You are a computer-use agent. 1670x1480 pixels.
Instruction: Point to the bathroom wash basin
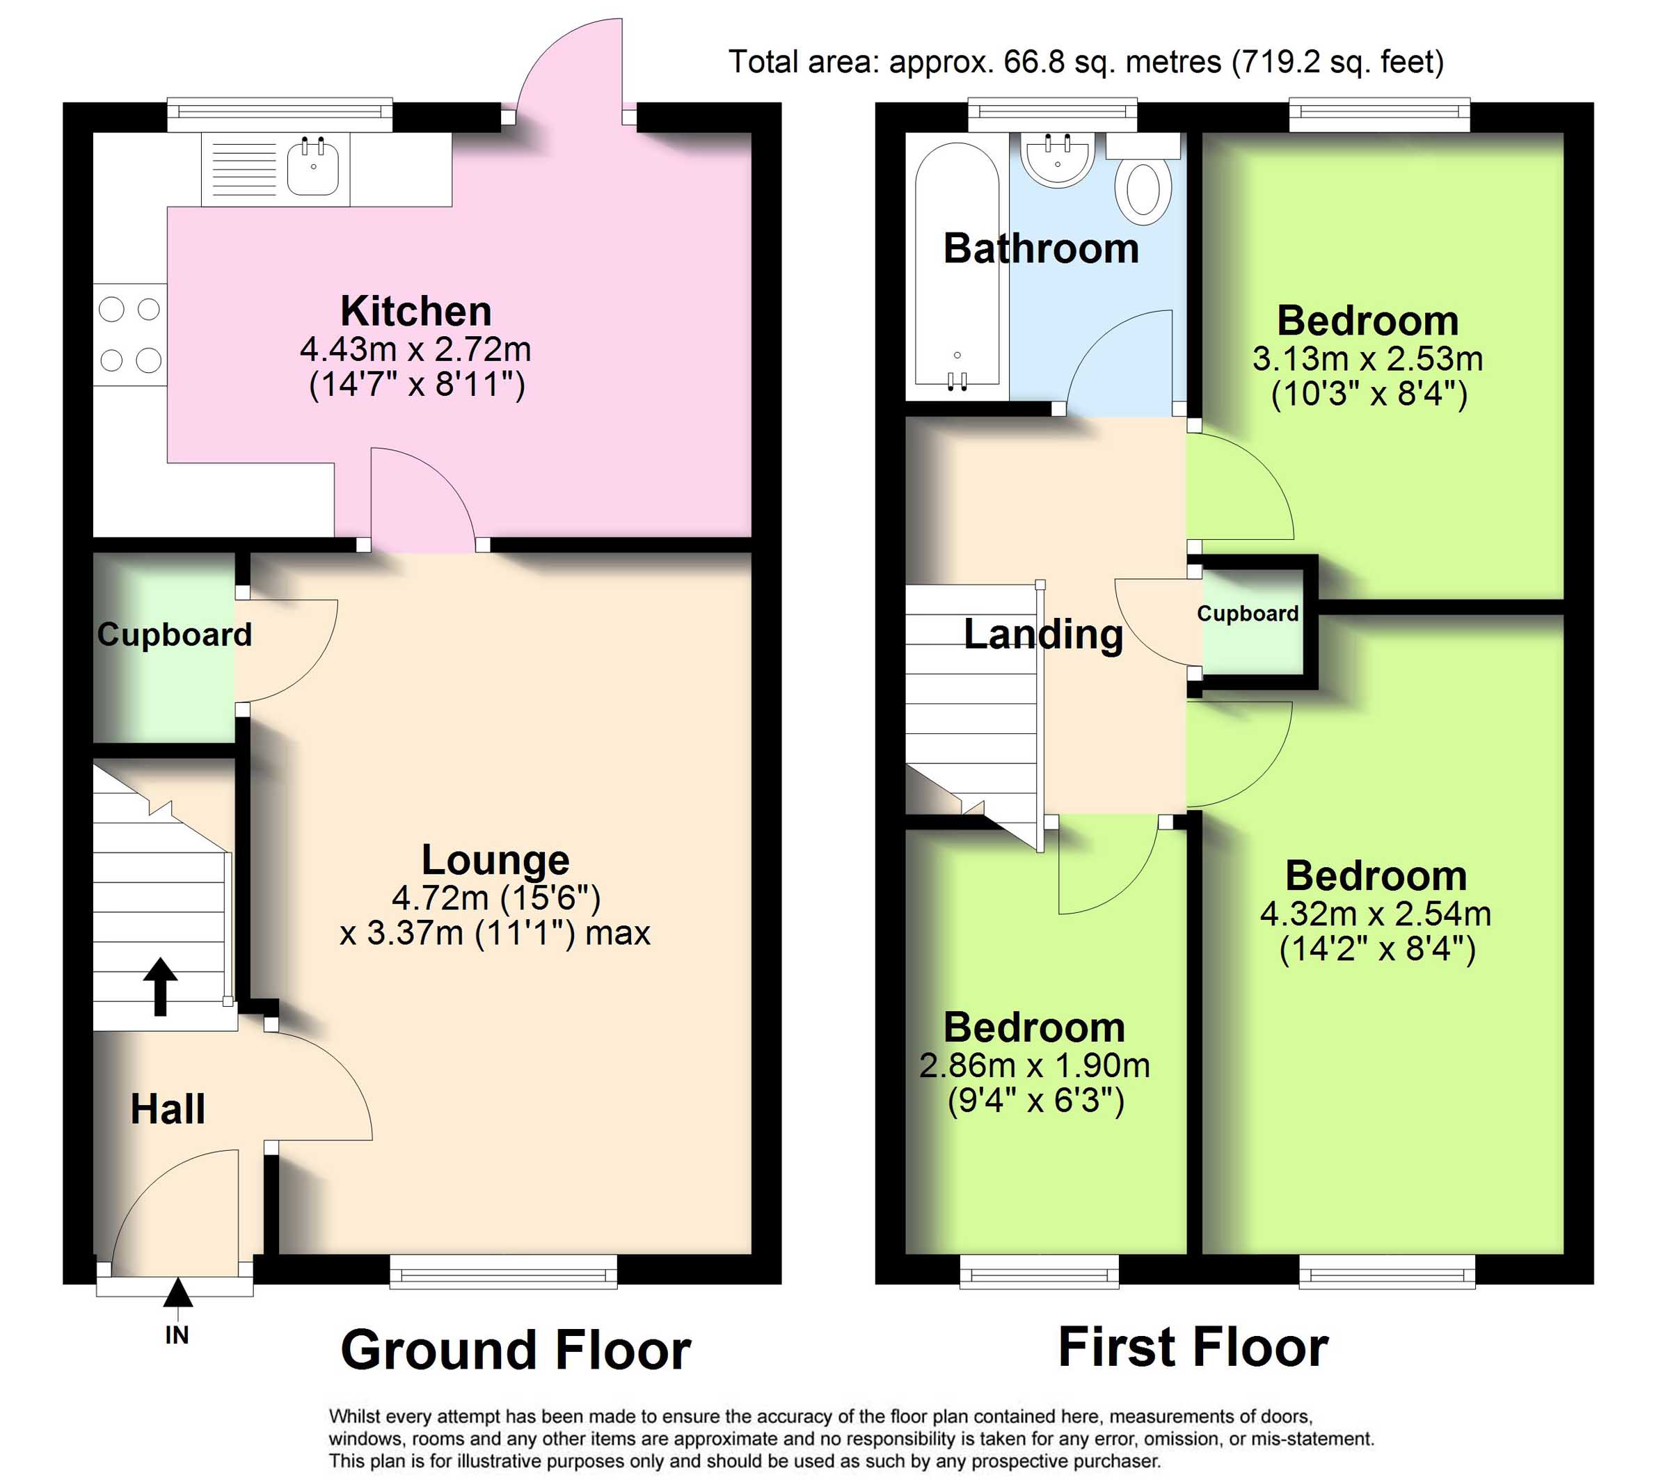pos(1057,160)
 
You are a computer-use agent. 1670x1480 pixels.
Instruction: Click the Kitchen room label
pos(416,311)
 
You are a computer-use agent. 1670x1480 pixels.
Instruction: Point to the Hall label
pos(168,1109)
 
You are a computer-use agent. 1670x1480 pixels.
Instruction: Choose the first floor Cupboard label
pos(1248,614)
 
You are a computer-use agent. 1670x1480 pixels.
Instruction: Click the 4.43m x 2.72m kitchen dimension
pos(416,350)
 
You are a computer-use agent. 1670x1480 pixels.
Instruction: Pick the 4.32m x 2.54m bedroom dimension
pos(1376,914)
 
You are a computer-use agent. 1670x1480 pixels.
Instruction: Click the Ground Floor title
pos(516,1349)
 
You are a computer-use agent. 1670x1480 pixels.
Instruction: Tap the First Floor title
pos(1193,1347)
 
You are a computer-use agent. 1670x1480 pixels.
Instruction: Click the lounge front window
pos(503,1272)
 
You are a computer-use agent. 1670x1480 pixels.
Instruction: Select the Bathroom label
pos(1041,248)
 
